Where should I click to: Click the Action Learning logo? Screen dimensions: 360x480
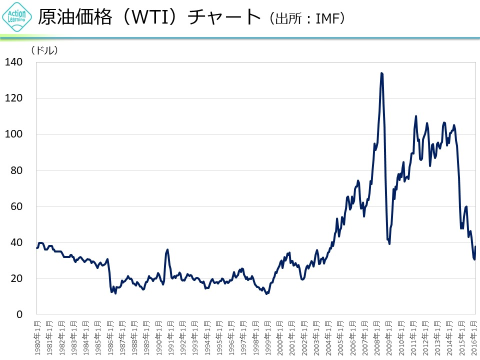coord(17,18)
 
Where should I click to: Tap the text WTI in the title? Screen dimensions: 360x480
coord(144,18)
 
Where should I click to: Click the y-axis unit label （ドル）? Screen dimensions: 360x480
coord(44,50)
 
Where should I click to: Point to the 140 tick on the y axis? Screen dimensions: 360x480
coord(13,62)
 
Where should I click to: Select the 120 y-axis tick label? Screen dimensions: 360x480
coord(13,98)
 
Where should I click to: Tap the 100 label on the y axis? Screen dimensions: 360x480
coord(13,134)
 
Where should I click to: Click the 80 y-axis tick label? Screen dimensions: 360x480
coord(16,170)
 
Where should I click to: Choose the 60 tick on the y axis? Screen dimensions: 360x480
coord(16,206)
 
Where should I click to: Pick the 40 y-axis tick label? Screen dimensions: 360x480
coord(16,242)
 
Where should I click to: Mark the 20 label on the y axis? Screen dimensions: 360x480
coord(16,278)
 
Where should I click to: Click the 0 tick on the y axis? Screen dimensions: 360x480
coord(19,314)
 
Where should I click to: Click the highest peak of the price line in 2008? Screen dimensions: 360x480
coord(381,73)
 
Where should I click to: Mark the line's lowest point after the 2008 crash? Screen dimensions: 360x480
coord(389,243)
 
